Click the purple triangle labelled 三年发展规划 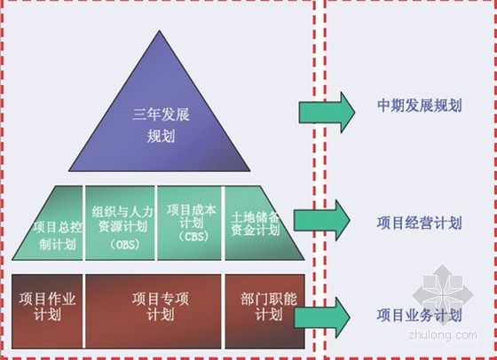(160, 121)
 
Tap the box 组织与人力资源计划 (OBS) (120, 223)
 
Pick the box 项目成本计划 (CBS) (190, 223)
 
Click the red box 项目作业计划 (47, 311)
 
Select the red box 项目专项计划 (154, 311)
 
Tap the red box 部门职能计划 (265, 311)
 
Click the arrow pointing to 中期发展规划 (327, 113)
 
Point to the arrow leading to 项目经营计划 (322, 220)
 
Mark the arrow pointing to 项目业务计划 (322, 317)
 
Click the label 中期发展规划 (419, 106)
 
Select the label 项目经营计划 (419, 223)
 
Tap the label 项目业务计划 (419, 315)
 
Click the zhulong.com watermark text (443, 334)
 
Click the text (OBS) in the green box (125, 245)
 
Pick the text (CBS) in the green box (194, 236)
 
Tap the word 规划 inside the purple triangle (161, 137)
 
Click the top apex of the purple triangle (160, 31)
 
